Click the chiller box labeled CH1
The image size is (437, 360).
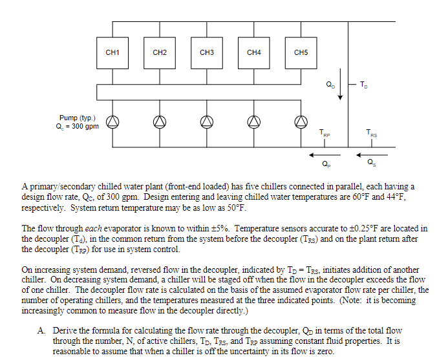point(112,52)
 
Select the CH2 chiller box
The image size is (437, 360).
point(160,52)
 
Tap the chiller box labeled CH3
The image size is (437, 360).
point(207,52)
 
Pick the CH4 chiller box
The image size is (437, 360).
point(254,52)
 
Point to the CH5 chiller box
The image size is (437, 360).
point(301,52)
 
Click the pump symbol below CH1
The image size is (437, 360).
point(112,122)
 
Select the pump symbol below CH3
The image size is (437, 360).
point(207,122)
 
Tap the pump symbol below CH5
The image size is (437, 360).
point(301,122)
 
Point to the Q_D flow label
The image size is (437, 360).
point(330,85)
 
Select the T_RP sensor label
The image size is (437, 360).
point(325,134)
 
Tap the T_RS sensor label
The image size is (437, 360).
point(372,134)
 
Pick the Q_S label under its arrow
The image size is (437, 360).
point(372,163)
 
